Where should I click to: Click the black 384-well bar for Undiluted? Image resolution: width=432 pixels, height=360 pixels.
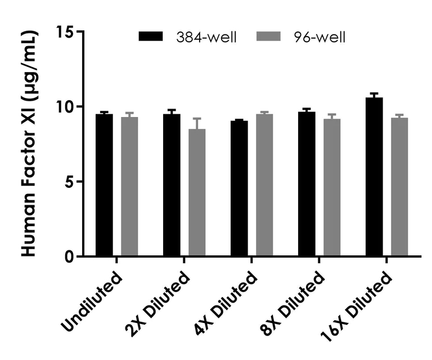(x=104, y=186)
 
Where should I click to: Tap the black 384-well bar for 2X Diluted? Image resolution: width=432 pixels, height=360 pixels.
(x=172, y=186)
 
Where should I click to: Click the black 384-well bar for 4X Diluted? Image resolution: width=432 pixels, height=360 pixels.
(x=239, y=188)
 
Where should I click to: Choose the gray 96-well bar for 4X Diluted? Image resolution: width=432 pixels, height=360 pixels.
(x=264, y=186)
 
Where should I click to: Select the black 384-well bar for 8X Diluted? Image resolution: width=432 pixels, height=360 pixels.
(x=307, y=184)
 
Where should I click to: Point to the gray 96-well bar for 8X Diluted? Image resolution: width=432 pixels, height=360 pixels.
(x=332, y=188)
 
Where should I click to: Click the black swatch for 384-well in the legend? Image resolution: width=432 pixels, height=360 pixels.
(x=151, y=37)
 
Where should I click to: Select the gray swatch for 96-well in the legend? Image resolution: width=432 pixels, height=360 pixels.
(x=268, y=37)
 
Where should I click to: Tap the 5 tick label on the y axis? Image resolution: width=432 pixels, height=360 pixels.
(x=71, y=182)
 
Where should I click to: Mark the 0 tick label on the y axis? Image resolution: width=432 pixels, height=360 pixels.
(x=71, y=257)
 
